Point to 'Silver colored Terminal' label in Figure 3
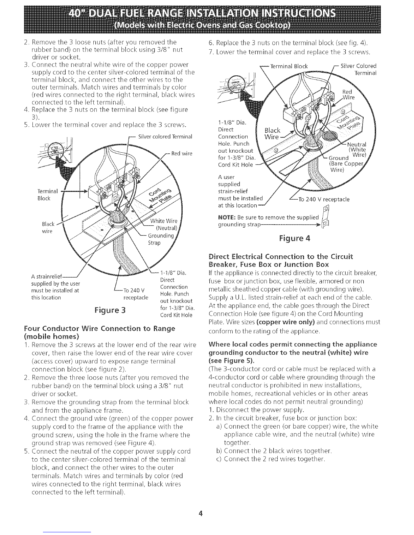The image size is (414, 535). coord(166,137)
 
